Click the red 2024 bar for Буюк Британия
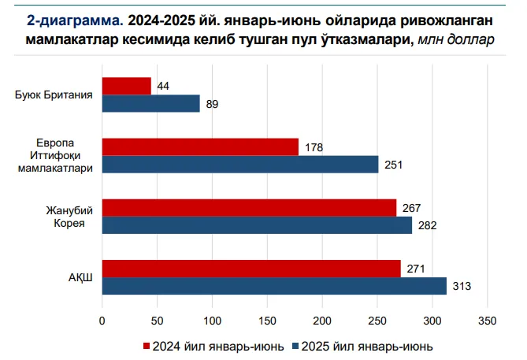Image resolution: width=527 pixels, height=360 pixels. (126, 86)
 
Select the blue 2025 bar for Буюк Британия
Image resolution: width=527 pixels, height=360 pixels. (150, 104)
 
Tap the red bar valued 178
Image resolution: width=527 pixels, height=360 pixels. (200, 147)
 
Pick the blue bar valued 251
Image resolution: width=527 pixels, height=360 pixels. (240, 165)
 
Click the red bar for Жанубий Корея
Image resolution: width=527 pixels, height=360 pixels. (249, 207)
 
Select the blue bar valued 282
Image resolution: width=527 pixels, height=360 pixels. (257, 225)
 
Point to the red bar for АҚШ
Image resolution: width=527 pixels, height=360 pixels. (251, 268)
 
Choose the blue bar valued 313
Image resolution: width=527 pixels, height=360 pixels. (274, 286)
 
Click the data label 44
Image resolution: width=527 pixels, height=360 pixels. (164, 86)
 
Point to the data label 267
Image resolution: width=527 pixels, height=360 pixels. (412, 207)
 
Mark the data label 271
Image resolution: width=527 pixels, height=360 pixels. (416, 268)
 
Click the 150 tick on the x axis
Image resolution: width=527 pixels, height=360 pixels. (267, 320)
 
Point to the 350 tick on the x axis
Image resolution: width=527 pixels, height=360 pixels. (488, 320)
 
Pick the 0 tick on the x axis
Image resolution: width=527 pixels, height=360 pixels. (102, 320)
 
